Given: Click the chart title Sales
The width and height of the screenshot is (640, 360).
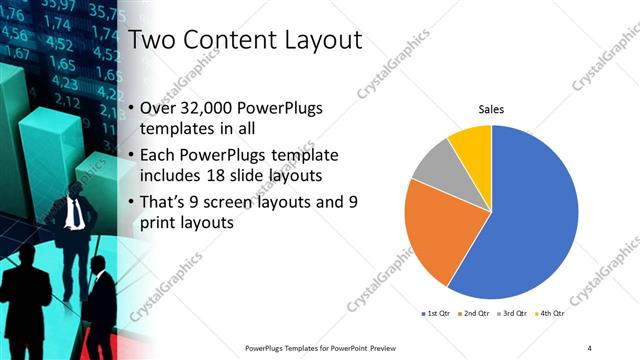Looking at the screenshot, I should click(491, 109).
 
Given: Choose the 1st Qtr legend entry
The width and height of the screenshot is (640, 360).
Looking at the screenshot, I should click(439, 313).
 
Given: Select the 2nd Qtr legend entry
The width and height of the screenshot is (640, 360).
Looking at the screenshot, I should click(474, 313).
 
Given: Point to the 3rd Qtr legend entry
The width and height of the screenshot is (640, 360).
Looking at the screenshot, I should click(509, 313).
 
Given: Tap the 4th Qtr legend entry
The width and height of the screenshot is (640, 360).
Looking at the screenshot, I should click(544, 313).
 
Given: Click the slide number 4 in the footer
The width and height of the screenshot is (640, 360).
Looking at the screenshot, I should click(589, 347).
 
